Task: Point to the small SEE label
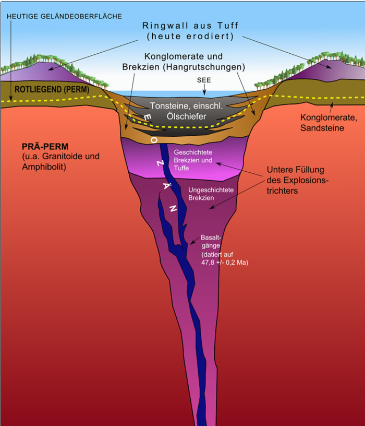(x=204, y=79)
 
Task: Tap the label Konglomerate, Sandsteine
(x=322, y=123)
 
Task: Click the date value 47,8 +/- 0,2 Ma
(x=225, y=263)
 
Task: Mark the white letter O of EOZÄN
(x=154, y=140)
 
